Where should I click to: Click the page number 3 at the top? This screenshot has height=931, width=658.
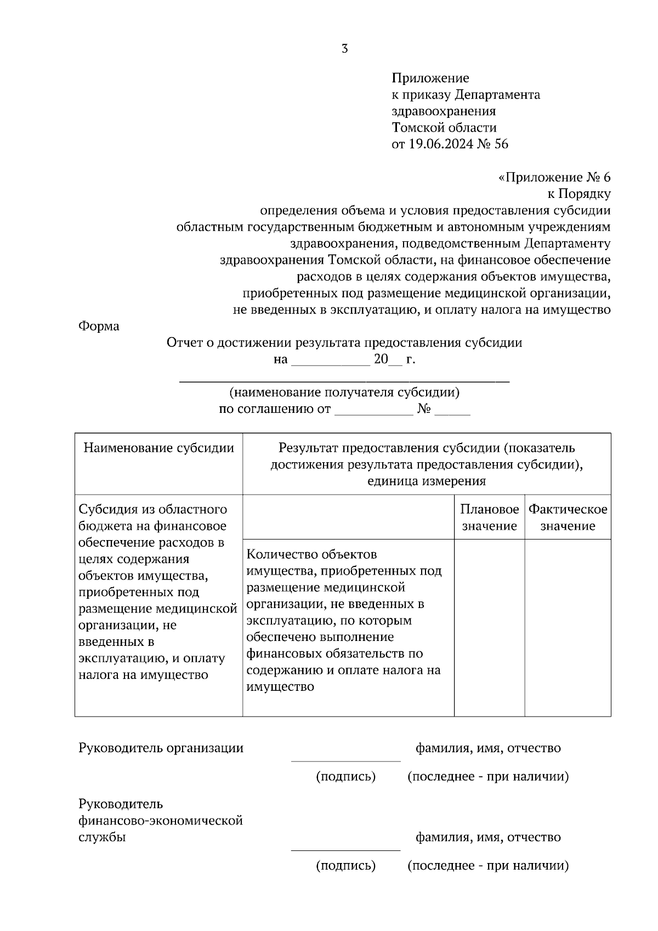(344, 49)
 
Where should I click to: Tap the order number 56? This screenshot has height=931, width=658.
(501, 144)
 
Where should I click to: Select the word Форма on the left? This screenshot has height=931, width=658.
(99, 326)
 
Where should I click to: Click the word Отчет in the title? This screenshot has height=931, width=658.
(185, 343)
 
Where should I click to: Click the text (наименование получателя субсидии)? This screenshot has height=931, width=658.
(344, 393)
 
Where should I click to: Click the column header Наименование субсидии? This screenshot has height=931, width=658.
(158, 448)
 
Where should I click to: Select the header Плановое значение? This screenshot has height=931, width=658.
(489, 518)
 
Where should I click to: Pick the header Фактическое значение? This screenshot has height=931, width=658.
(568, 518)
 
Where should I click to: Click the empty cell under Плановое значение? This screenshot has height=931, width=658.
(489, 628)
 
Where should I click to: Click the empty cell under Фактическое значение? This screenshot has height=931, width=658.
(568, 628)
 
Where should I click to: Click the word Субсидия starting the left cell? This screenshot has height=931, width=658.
(107, 509)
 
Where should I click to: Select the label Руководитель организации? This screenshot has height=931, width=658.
(161, 748)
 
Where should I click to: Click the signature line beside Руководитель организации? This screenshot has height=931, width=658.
(345, 760)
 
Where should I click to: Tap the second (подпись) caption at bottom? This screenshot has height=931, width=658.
(345, 866)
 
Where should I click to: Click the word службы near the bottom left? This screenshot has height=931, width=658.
(102, 837)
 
